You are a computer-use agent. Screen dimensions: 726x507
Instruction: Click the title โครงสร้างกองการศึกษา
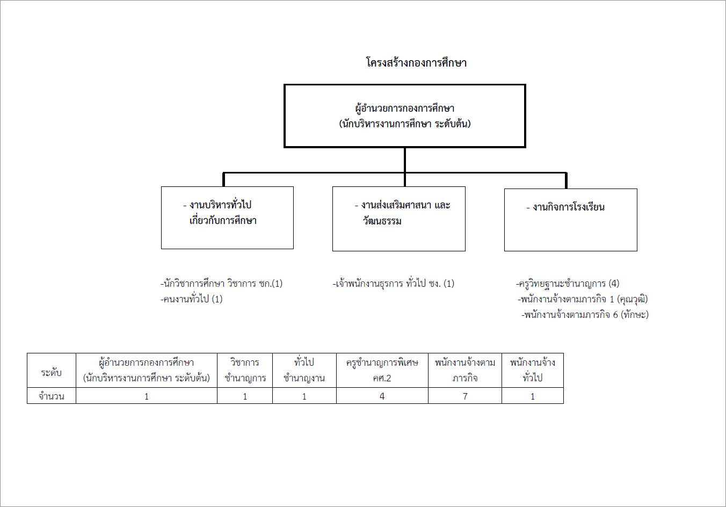[x=416, y=62]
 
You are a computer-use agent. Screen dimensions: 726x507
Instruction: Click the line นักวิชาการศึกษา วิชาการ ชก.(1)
[x=221, y=284]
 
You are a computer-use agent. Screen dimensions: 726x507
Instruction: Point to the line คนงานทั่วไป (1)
[x=191, y=299]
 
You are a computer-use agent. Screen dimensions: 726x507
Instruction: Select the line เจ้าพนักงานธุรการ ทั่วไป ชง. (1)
[x=394, y=284]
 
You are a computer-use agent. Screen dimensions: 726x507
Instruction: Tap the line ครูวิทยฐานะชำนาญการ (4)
[x=568, y=284]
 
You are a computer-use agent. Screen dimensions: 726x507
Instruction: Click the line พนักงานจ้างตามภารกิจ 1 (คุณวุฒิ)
[x=583, y=299]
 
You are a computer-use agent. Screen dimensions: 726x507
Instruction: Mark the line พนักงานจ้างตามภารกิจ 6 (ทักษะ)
[x=585, y=314]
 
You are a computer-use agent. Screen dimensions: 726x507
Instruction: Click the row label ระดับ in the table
[x=51, y=373]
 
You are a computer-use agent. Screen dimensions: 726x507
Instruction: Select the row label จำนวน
[x=51, y=396]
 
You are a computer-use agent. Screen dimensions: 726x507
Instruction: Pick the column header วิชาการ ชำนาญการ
[x=245, y=370]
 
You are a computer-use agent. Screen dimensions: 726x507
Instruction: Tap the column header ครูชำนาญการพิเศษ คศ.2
[x=382, y=370]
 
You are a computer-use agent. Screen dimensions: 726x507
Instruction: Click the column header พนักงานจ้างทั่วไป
[x=533, y=370]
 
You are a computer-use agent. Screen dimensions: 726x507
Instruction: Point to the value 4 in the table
[x=382, y=396]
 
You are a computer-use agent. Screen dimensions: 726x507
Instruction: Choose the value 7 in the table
[x=465, y=396]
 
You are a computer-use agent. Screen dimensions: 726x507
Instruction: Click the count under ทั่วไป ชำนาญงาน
[x=304, y=396]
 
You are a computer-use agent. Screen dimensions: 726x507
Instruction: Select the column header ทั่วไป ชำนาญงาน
[x=304, y=370]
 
